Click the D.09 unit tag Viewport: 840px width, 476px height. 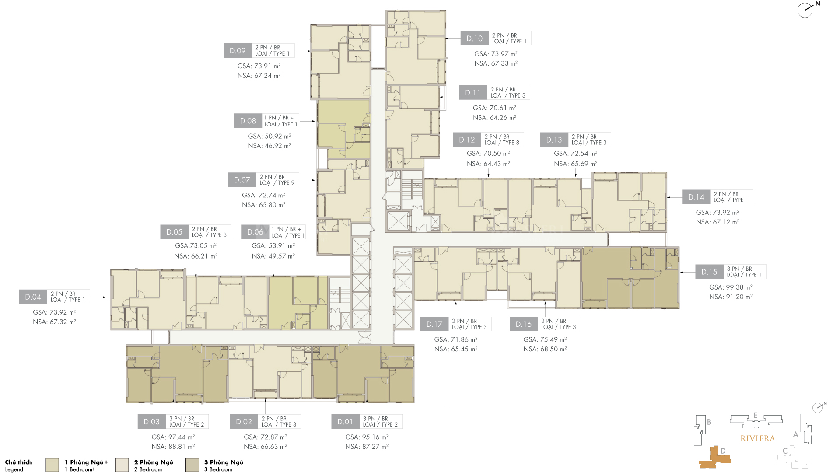pyautogui.click(x=238, y=51)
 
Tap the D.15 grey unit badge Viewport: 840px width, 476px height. pyautogui.click(x=709, y=272)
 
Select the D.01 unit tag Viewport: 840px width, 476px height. pyautogui.click(x=345, y=422)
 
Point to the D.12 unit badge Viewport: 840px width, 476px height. pyautogui.click(x=467, y=140)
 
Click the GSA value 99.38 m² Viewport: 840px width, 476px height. pyautogui.click(x=731, y=287)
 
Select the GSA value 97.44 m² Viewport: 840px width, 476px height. pyautogui.click(x=173, y=437)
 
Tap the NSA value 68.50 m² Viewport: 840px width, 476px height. pyautogui.click(x=545, y=349)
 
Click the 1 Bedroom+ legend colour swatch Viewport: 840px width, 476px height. pyautogui.click(x=52, y=465)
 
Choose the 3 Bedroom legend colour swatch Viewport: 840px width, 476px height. pyautogui.click(x=192, y=465)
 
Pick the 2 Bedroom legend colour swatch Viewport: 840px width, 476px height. pyautogui.click(x=122, y=465)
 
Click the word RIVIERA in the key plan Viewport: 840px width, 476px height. pyautogui.click(x=758, y=438)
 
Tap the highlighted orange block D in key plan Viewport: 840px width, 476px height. pyautogui.click(x=714, y=458)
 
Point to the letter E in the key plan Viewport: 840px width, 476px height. pyautogui.click(x=756, y=416)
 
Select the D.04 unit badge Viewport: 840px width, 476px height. pyautogui.click(x=33, y=297)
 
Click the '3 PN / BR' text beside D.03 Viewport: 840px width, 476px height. pyautogui.click(x=182, y=419)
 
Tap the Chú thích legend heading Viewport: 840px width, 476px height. pyautogui.click(x=18, y=462)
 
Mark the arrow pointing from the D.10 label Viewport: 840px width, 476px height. pyautogui.click(x=453, y=38)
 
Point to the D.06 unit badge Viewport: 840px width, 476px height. pyautogui.click(x=255, y=232)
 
